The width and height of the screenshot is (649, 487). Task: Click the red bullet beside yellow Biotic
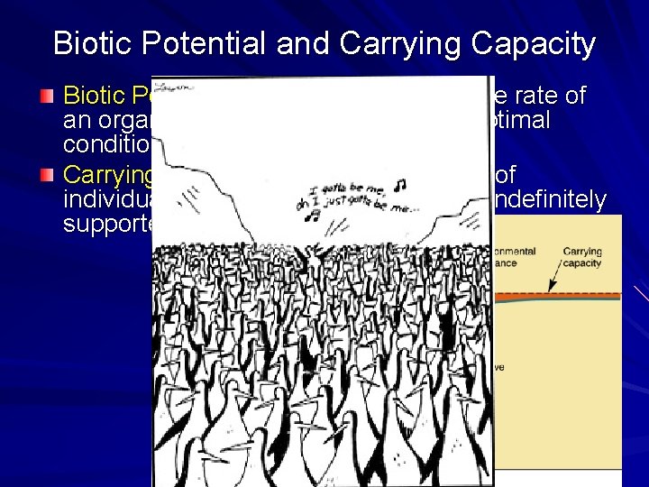pyautogui.click(x=50, y=95)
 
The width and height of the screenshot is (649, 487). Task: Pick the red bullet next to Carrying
pyautogui.click(x=50, y=173)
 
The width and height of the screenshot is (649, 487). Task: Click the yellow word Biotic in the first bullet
pyautogui.click(x=94, y=95)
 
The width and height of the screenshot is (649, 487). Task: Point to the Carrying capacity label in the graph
pyautogui.click(x=583, y=257)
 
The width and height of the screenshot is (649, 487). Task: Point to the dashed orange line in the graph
pyautogui.click(x=559, y=295)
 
